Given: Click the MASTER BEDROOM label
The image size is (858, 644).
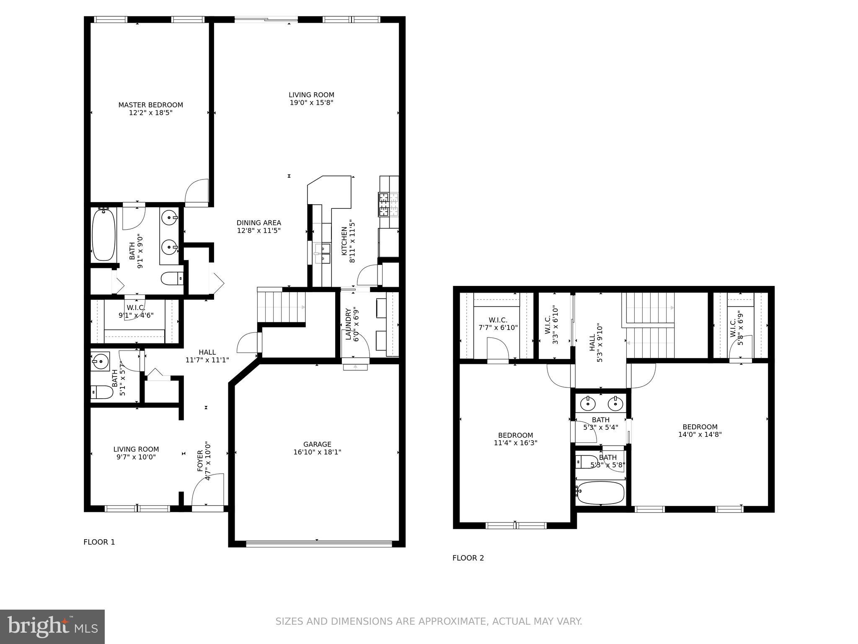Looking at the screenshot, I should tap(150, 105).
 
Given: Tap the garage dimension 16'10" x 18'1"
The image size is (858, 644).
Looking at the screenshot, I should tap(317, 452).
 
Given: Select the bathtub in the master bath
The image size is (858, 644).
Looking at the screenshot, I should tap(103, 235).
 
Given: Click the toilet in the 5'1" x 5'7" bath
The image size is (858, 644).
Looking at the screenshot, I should tap(102, 392).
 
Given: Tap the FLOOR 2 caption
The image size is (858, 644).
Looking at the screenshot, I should tap(468, 558).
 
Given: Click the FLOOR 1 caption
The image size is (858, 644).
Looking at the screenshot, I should tap(99, 542).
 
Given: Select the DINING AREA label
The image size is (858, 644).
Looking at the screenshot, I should tap(258, 223).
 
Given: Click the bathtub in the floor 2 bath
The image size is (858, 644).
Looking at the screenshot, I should tap(600, 493).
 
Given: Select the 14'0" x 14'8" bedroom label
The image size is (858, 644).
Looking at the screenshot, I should tap(700, 427).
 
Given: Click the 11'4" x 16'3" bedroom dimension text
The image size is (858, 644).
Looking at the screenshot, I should tap(515, 443).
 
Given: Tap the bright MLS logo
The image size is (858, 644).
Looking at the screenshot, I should tap(52, 626).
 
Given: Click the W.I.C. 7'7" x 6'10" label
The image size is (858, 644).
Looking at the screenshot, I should tap(498, 320).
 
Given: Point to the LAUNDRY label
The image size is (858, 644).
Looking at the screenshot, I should tap(348, 324).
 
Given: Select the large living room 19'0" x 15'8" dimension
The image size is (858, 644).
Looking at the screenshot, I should tap(311, 103).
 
